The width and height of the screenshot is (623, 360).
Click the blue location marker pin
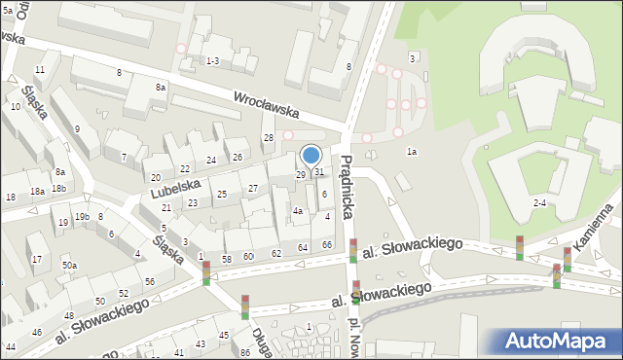pyautogui.click(x=311, y=156)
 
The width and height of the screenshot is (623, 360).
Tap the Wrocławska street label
pyautogui.click(x=266, y=104)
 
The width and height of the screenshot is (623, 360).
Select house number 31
pyautogui.click(x=319, y=172)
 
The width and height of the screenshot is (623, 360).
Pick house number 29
pyautogui.click(x=301, y=174)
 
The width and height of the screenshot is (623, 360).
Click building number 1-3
pyautogui.click(x=212, y=61)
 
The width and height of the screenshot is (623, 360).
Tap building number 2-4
pyautogui.click(x=539, y=202)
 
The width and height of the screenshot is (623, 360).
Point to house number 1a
pyautogui.click(x=412, y=152)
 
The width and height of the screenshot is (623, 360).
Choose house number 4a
pyautogui.click(x=299, y=210)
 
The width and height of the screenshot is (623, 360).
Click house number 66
pyautogui.click(x=327, y=244)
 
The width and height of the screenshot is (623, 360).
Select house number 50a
pyautogui.click(x=69, y=266)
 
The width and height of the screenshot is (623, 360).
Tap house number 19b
pyautogui.click(x=83, y=216)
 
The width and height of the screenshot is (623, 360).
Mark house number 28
pyautogui.click(x=269, y=138)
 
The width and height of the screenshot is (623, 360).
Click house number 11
pyautogui.click(x=40, y=70)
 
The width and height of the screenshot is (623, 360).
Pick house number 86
pyautogui.click(x=244, y=352)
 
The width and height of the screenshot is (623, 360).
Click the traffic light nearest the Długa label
pyautogui.click(x=245, y=306)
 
